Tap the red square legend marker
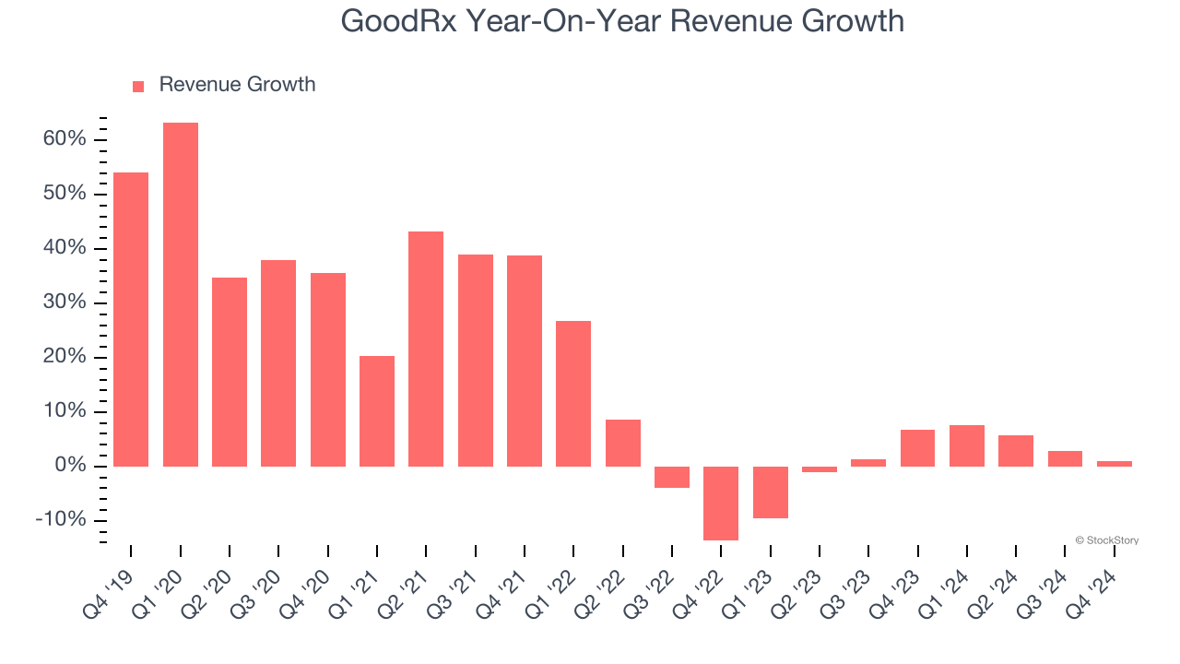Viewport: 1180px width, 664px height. click(138, 86)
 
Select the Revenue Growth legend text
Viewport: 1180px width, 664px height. click(237, 85)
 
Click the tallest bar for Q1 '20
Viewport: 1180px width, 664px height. click(181, 294)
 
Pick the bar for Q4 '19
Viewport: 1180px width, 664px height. click(131, 319)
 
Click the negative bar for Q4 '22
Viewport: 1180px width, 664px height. click(721, 503)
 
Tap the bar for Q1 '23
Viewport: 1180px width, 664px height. click(771, 492)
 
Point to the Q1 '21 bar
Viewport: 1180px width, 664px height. click(377, 410)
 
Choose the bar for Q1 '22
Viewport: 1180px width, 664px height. click(573, 393)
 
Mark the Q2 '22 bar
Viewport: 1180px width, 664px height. click(623, 443)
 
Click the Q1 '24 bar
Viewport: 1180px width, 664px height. click(967, 445)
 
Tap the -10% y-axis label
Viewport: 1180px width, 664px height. click(61, 520)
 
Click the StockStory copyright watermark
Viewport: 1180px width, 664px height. click(1106, 540)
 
